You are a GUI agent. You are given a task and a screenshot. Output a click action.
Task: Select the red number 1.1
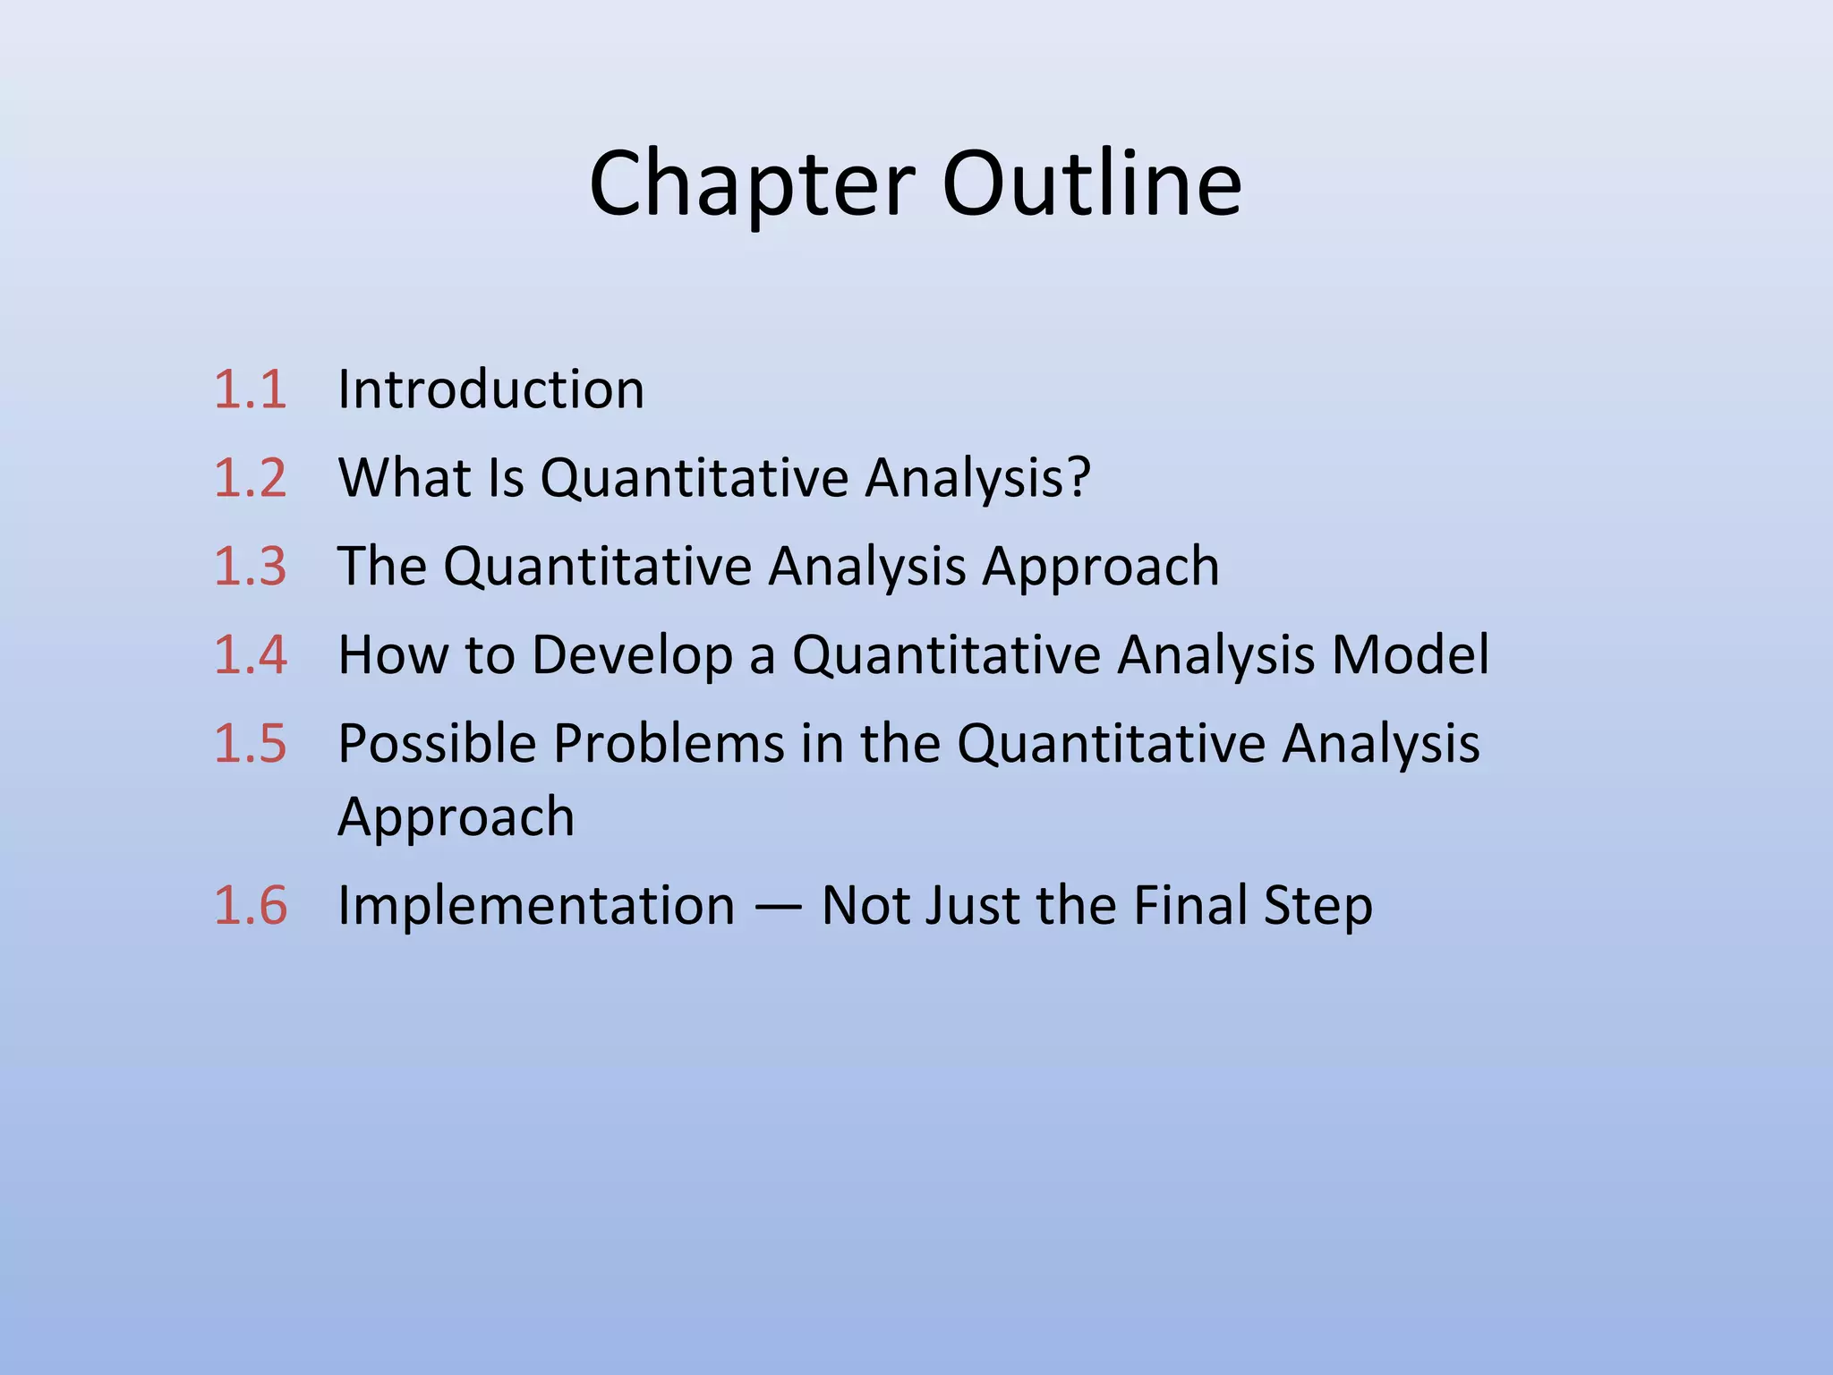click(x=251, y=390)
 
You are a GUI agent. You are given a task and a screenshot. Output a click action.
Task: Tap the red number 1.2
click(x=251, y=478)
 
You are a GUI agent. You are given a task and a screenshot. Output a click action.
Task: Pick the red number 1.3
click(x=251, y=567)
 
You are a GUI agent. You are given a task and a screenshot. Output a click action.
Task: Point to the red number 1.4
click(x=251, y=654)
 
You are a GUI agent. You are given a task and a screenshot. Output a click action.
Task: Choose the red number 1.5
click(x=251, y=743)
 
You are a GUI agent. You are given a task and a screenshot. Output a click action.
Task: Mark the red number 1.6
click(x=251, y=905)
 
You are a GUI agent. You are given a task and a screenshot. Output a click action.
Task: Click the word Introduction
click(x=490, y=390)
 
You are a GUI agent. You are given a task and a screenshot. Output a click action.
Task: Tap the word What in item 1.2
click(x=405, y=478)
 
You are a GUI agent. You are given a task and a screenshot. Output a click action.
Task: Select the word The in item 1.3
click(x=382, y=567)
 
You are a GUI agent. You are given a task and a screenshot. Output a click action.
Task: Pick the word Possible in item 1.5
click(x=437, y=743)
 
